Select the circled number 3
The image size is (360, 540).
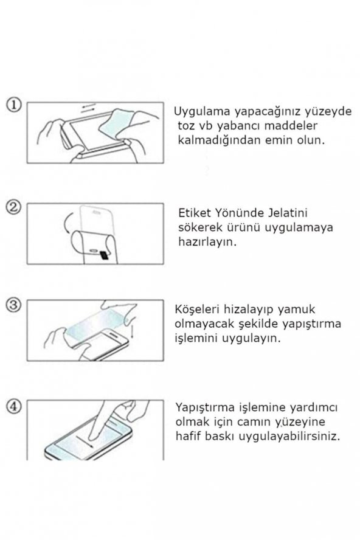[15, 304]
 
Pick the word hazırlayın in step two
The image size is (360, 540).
[208, 241]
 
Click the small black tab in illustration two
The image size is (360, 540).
[105, 255]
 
